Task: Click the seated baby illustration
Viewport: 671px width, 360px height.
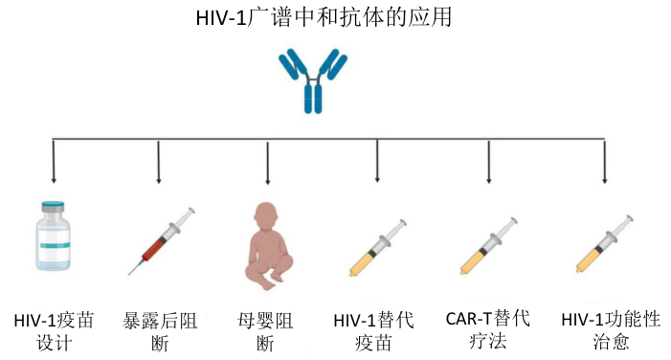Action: [269, 243]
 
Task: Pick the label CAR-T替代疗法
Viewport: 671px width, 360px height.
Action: [489, 329]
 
